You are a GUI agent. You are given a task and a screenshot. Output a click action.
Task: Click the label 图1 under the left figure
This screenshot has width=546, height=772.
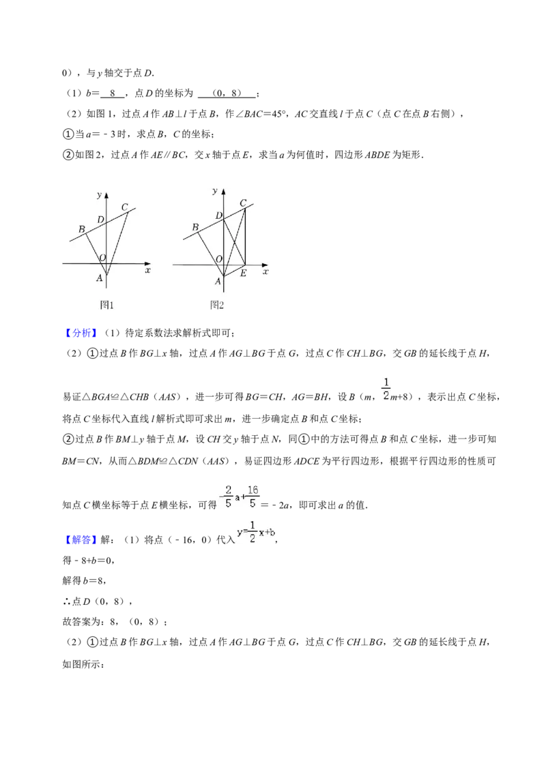[x=106, y=305]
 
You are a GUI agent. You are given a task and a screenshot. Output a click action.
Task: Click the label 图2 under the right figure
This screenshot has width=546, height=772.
[x=217, y=305]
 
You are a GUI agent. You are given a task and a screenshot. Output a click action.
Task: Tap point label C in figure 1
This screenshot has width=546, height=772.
[x=124, y=207]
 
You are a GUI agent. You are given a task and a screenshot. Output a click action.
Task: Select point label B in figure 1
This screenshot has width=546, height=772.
[x=81, y=228]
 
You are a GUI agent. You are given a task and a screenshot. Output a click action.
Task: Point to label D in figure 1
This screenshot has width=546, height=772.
[x=100, y=220]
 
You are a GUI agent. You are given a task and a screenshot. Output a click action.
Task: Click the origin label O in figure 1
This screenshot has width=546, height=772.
[x=102, y=258]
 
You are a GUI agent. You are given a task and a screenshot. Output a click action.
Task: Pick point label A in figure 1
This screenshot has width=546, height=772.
[x=100, y=278]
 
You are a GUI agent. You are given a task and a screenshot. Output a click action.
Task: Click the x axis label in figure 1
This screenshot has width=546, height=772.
[x=147, y=271]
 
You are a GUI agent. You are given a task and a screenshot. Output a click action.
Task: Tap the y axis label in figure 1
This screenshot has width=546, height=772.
[x=100, y=195]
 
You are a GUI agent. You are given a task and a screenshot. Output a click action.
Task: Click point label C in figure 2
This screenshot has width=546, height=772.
[x=243, y=203]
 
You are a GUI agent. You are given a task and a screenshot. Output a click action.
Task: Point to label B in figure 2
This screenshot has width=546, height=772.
[x=195, y=226]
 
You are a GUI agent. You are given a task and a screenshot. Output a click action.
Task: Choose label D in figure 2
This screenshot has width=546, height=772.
[x=219, y=216]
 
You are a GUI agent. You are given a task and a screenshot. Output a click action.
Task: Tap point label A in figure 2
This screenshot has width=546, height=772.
[x=218, y=281]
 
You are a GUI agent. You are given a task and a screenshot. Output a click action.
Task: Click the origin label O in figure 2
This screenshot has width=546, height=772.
[x=219, y=260]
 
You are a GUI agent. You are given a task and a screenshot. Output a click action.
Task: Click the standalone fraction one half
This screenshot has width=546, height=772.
[x=386, y=387]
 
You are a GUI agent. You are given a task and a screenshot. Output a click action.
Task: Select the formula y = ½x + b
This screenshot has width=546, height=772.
[x=256, y=532]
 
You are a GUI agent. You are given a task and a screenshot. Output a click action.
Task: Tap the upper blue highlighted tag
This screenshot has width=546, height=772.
[x=82, y=333]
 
